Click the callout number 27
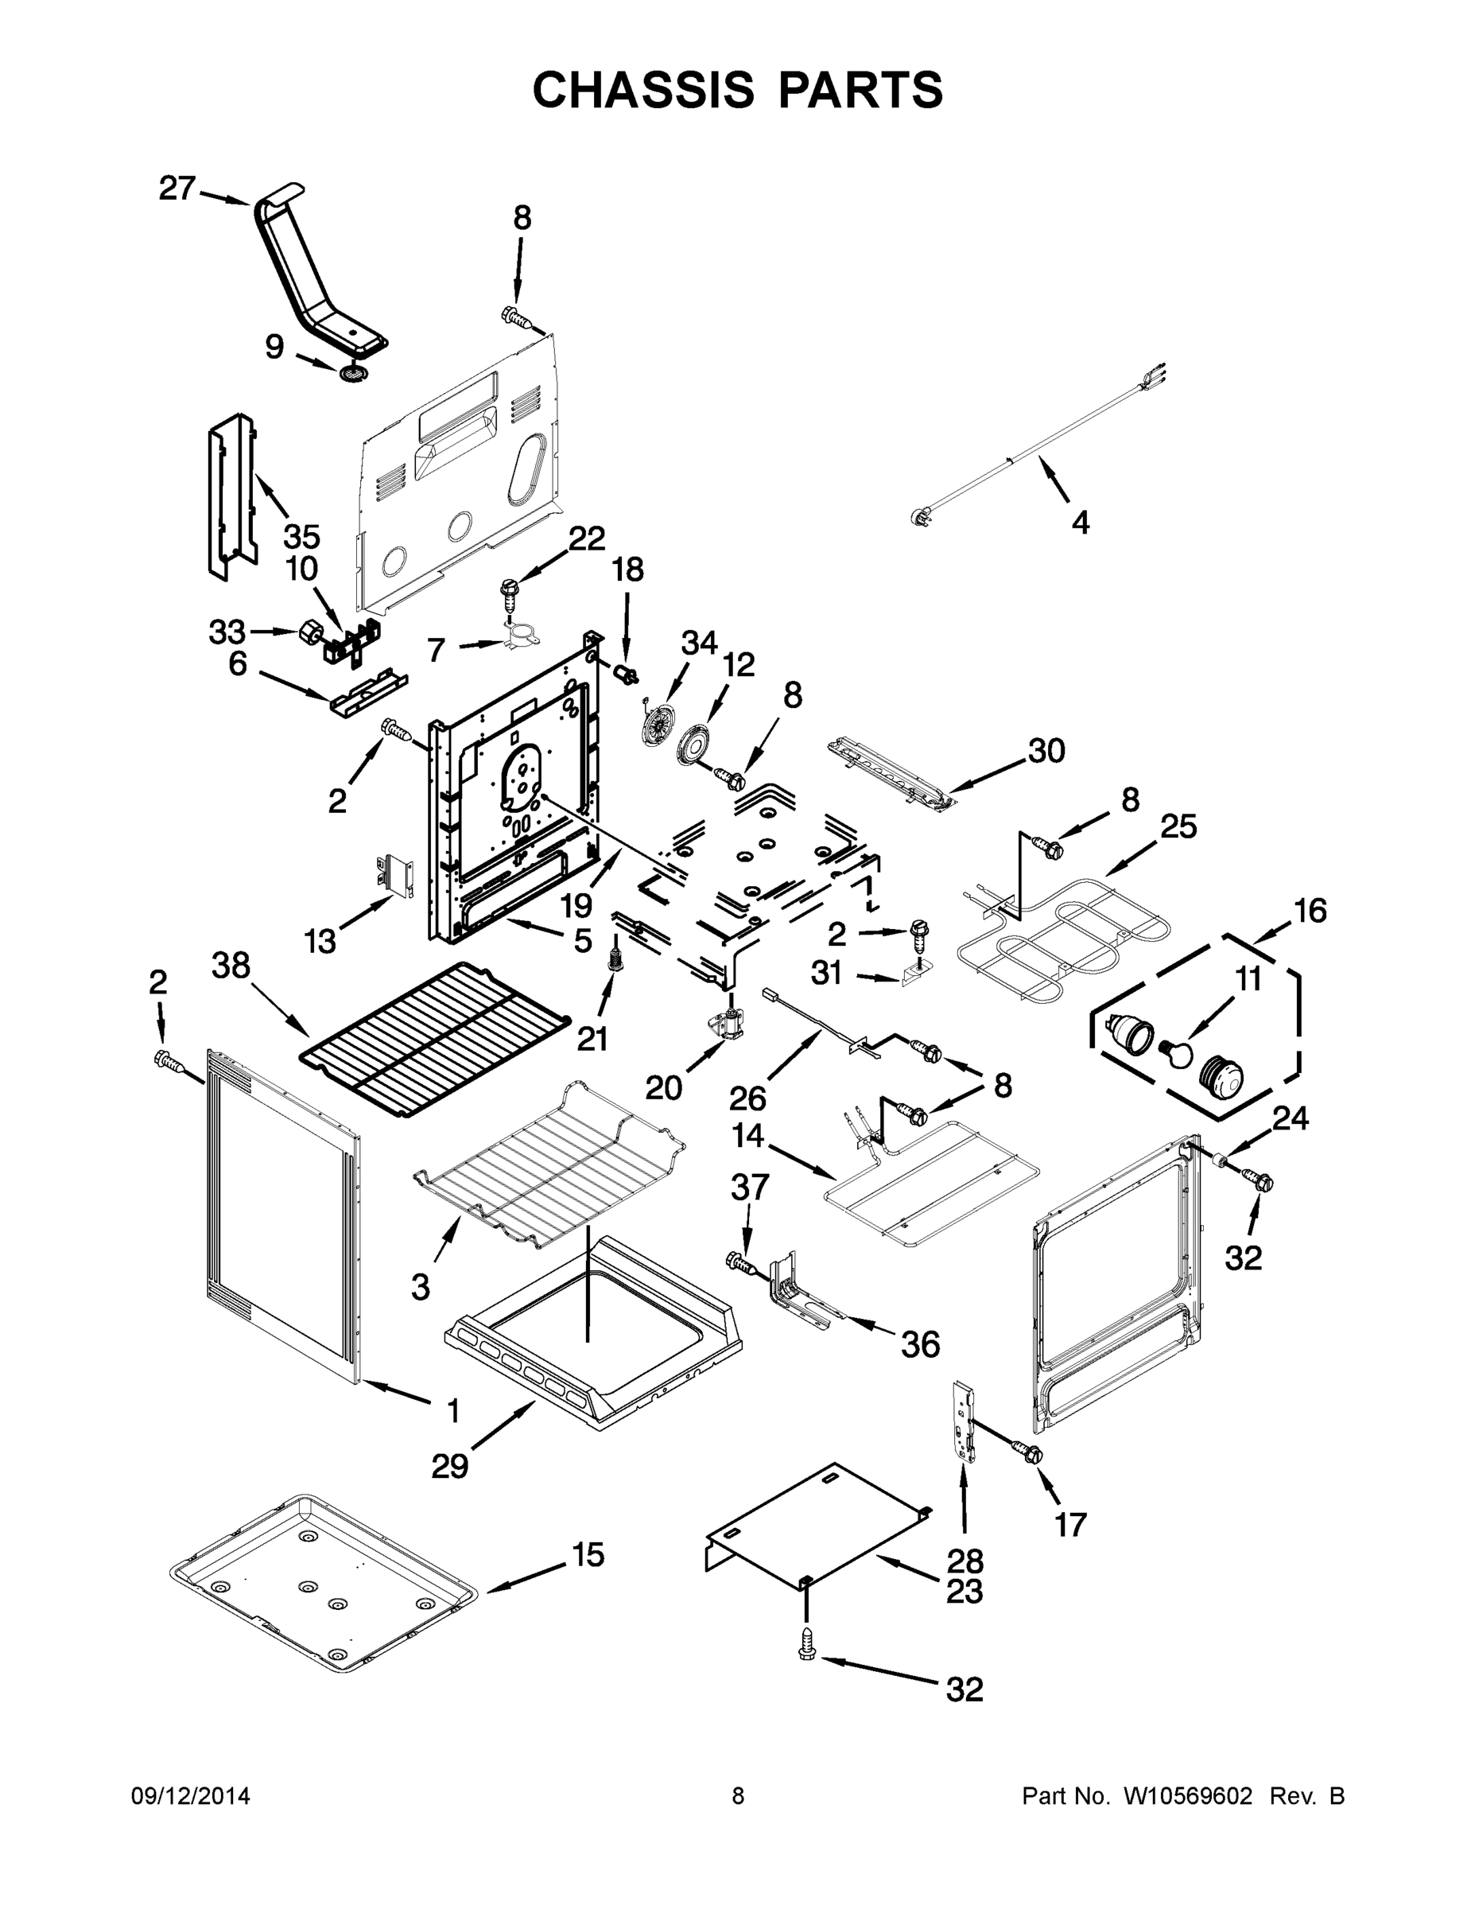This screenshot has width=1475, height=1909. click(x=177, y=188)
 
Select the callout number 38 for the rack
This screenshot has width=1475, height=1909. click(x=231, y=966)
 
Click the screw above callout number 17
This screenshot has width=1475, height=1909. click(x=1028, y=1452)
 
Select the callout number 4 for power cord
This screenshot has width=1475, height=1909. click(x=1080, y=523)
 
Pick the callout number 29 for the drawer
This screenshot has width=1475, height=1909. click(x=450, y=1466)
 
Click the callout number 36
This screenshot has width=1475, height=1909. click(x=920, y=1344)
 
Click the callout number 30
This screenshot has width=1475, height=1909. click(x=1046, y=750)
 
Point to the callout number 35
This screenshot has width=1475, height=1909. click(x=301, y=536)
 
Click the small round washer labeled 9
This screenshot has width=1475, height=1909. click(x=353, y=374)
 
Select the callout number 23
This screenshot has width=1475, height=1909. click(x=965, y=1591)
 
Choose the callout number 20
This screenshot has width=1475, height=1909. click(x=663, y=1087)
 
